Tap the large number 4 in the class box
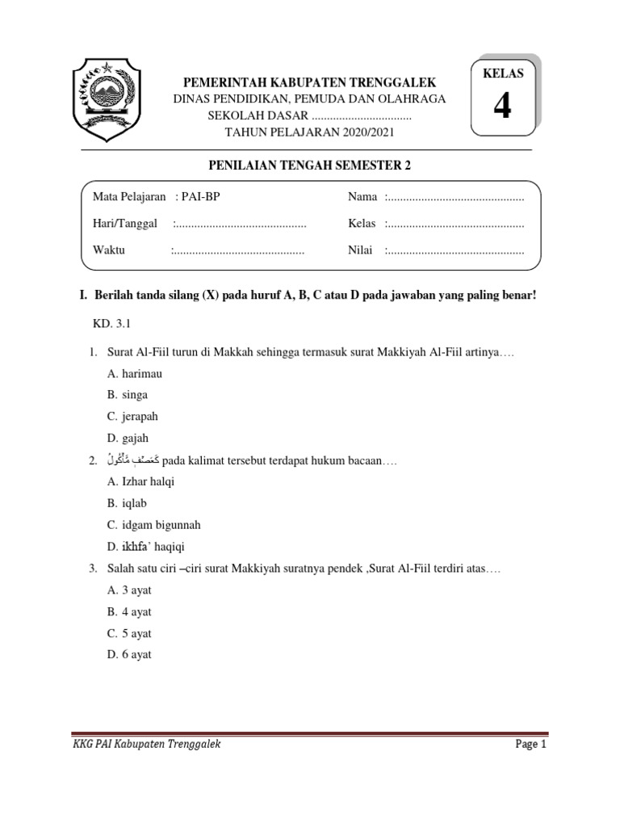502,107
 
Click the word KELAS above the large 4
503,73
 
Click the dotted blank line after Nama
455,197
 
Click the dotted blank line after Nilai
455,250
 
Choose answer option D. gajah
128,438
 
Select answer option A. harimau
135,374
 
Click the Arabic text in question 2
128,460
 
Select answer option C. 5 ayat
129,633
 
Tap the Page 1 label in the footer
531,745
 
